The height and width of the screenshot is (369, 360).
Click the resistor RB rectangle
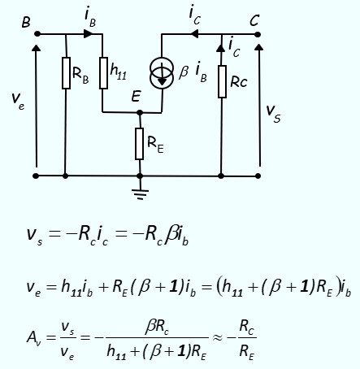click(66, 73)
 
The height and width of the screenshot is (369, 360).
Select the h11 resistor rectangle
click(103, 73)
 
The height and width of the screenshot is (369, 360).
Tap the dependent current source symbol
click(162, 73)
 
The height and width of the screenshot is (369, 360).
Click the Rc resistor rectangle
click(222, 81)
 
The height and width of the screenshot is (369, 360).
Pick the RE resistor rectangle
click(139, 144)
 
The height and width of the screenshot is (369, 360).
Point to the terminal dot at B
click(37, 34)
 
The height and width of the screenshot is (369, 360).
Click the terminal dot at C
click(258, 34)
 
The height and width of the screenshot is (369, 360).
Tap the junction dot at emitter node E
click(140, 112)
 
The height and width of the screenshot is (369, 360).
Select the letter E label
click(136, 96)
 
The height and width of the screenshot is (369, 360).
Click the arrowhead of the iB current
click(88, 33)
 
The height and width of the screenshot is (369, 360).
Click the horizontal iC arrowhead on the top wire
click(195, 34)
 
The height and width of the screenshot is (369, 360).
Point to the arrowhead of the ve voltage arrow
click(36, 48)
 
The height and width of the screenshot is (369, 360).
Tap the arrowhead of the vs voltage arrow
click(259, 47)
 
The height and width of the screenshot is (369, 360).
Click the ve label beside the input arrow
click(18, 99)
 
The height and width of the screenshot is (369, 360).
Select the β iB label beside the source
click(193, 72)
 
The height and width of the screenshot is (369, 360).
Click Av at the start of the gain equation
click(33, 337)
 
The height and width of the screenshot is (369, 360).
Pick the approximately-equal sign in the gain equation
click(218, 337)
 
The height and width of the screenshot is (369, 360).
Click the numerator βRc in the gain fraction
click(157, 328)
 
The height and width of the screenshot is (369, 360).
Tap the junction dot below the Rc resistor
click(221, 176)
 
